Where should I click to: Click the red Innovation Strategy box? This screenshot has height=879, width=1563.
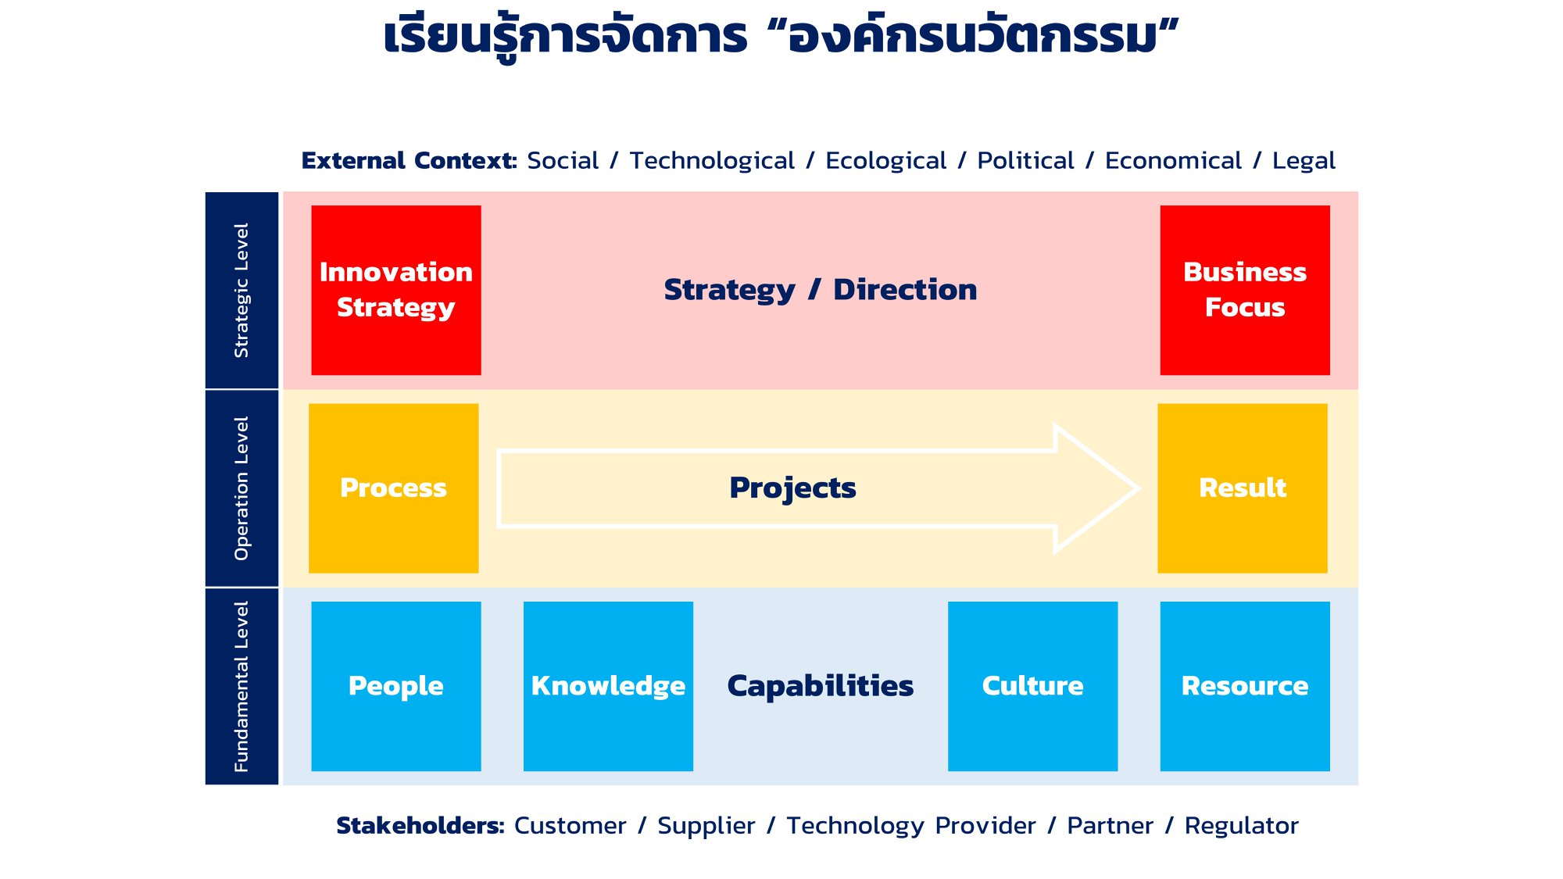pos(396,290)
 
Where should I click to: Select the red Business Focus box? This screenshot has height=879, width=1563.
pos(1245,290)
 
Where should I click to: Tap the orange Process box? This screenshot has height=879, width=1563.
pos(394,488)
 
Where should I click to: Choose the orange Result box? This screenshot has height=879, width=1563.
pos(1243,488)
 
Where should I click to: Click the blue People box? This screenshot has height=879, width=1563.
pos(396,686)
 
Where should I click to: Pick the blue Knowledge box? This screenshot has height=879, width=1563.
pos(608,686)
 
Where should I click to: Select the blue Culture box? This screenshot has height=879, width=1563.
pos(1033,686)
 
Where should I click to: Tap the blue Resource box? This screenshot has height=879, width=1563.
pos(1245,686)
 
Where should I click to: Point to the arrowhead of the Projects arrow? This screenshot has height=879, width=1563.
pos(1138,489)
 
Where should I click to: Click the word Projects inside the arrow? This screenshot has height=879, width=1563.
pos(792,488)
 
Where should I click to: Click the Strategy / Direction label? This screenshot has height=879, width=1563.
pos(821,290)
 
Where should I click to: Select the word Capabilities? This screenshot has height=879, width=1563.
pos(821,686)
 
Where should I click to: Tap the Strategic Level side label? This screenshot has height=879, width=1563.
pos(241,291)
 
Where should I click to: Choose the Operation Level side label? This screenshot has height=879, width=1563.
pos(241,488)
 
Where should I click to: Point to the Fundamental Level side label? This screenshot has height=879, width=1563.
pos(241,687)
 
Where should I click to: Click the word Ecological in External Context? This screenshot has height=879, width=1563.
pos(886,161)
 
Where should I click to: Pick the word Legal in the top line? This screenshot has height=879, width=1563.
pos(1304,161)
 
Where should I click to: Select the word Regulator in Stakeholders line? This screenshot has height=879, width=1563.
pos(1242,826)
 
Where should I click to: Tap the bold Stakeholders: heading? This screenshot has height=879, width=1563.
pos(420,825)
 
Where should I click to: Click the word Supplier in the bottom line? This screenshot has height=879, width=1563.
pos(706,827)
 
